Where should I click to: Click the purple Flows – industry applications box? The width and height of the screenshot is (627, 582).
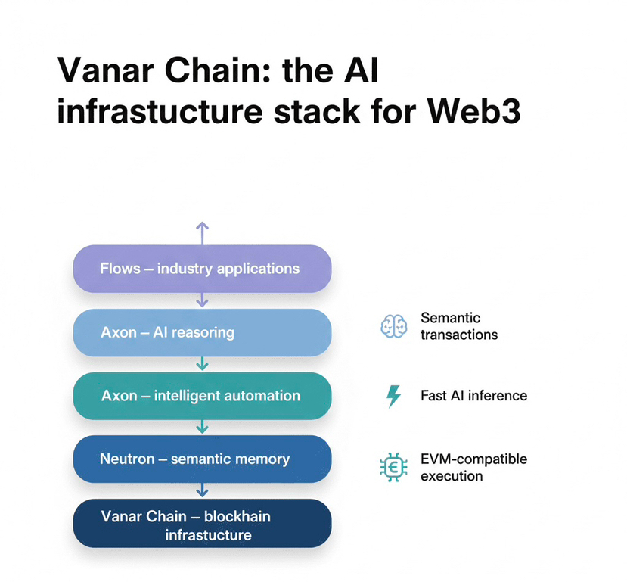(x=202, y=269)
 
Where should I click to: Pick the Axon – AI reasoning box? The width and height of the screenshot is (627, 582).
(x=202, y=332)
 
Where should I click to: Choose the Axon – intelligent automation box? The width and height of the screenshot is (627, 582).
(x=202, y=396)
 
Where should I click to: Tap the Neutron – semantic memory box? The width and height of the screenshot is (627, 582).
(x=202, y=459)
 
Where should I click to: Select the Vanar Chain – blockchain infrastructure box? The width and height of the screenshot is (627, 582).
(x=202, y=524)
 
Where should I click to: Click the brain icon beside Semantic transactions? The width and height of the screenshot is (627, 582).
(x=393, y=326)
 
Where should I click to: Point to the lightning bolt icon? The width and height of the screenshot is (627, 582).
(x=393, y=396)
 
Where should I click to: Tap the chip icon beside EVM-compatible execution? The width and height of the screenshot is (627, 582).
(x=393, y=468)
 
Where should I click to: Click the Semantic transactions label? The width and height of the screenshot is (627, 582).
(x=458, y=326)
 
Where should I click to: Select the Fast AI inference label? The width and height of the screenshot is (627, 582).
(x=473, y=396)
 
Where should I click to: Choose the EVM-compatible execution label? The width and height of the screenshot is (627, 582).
(x=473, y=468)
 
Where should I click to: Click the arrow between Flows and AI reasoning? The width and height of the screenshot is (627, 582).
(x=202, y=300)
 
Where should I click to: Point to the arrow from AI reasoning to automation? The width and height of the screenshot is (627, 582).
(x=202, y=364)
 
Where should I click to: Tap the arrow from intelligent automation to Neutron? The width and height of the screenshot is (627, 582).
(x=202, y=428)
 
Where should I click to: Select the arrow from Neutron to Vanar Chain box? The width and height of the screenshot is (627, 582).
(x=202, y=491)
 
